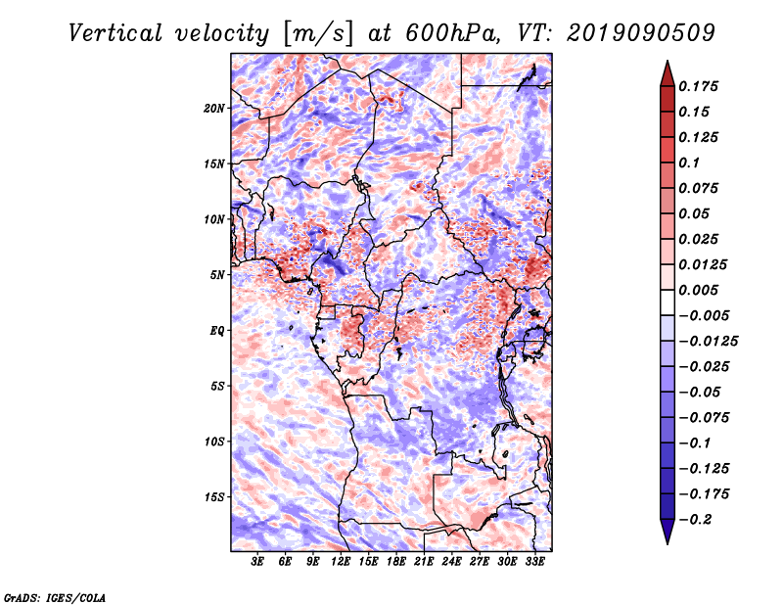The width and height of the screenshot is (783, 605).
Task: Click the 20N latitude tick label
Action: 215,108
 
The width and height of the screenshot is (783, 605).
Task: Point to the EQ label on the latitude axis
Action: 218,331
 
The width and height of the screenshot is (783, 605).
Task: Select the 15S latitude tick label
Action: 215,497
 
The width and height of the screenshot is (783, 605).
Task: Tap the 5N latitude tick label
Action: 218,275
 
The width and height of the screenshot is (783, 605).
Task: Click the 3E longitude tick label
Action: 258,562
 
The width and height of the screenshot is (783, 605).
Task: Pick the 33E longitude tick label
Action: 535,562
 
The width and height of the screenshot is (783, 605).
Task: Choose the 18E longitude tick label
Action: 396,562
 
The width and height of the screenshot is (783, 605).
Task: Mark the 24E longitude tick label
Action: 452,562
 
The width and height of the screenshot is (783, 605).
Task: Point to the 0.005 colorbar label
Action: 701,290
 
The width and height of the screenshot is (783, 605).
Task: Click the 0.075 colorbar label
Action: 701,188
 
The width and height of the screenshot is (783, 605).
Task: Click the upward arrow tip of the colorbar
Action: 667,64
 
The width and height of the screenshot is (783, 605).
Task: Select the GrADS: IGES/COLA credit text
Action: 54,596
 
